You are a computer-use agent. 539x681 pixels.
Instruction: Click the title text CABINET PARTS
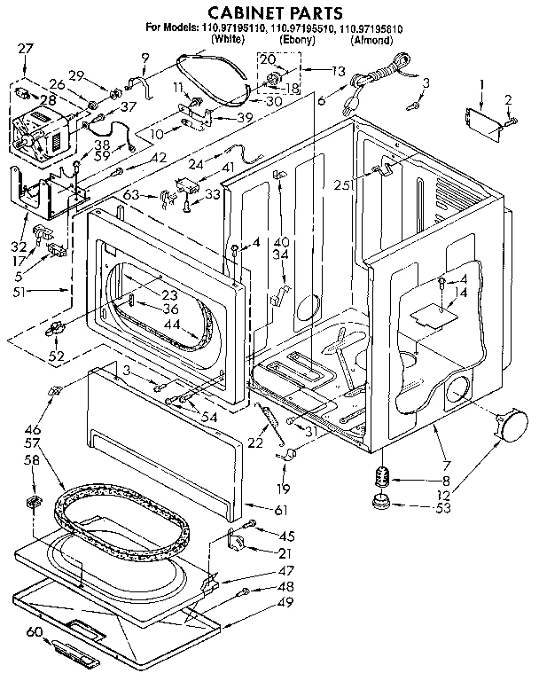point(269,13)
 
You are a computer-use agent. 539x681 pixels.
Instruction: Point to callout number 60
point(34,631)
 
